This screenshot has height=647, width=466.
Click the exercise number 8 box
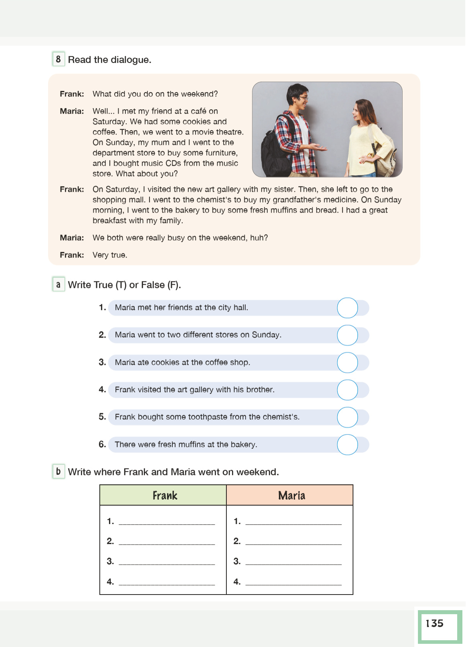pos(59,59)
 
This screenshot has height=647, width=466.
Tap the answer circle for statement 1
pos(347,308)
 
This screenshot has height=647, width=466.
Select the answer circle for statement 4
pos(347,390)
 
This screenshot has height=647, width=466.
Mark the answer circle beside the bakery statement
pos(347,445)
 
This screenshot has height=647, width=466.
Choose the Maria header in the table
pos(291,496)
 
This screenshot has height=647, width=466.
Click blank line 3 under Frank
pos(167,562)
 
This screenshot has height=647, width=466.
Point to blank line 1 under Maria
pos(293,521)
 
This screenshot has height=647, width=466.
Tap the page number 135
pos(435,623)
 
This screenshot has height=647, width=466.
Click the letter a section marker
pos(59,285)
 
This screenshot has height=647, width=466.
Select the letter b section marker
pos(59,471)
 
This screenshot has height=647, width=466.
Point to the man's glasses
pos(303,97)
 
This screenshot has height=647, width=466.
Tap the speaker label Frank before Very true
pos(72,255)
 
